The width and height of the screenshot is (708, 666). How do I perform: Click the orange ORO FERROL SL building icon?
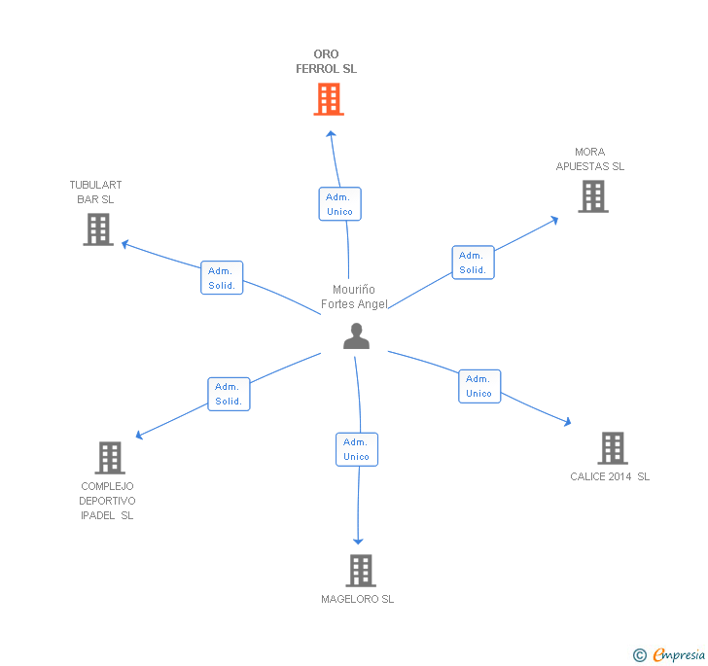click(x=329, y=99)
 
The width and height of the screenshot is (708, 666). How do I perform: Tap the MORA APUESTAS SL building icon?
click(x=593, y=196)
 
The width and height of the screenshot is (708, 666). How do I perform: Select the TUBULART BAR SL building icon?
click(x=98, y=229)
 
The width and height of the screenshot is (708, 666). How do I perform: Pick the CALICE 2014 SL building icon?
click(x=613, y=448)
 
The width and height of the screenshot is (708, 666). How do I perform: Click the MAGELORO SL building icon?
click(x=361, y=571)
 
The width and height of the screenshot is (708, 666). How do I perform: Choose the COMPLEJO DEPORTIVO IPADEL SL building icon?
click(x=110, y=457)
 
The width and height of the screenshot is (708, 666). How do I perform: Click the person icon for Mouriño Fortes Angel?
click(x=356, y=336)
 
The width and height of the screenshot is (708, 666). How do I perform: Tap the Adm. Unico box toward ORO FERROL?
click(x=340, y=204)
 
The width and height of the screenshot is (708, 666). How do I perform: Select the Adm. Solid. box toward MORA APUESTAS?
click(x=474, y=263)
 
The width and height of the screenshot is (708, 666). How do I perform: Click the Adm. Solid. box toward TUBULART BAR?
click(x=222, y=278)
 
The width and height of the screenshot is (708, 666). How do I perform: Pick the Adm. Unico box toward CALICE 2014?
click(x=479, y=386)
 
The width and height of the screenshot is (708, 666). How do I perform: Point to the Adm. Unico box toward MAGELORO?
click(x=357, y=449)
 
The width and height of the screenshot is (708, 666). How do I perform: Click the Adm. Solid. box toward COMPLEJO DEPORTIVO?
click(x=229, y=394)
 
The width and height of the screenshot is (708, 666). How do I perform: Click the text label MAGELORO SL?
click(x=357, y=599)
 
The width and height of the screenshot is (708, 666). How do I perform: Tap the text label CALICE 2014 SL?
click(x=610, y=476)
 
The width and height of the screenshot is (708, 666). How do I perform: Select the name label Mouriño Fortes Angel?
click(x=354, y=297)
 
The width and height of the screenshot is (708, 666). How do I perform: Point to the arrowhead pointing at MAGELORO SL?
click(x=358, y=541)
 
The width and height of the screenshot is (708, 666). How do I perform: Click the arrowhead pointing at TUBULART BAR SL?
click(x=125, y=244)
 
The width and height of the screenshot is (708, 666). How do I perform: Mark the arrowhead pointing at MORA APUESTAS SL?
click(x=555, y=220)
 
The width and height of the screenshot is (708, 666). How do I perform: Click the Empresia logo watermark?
click(x=669, y=654)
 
